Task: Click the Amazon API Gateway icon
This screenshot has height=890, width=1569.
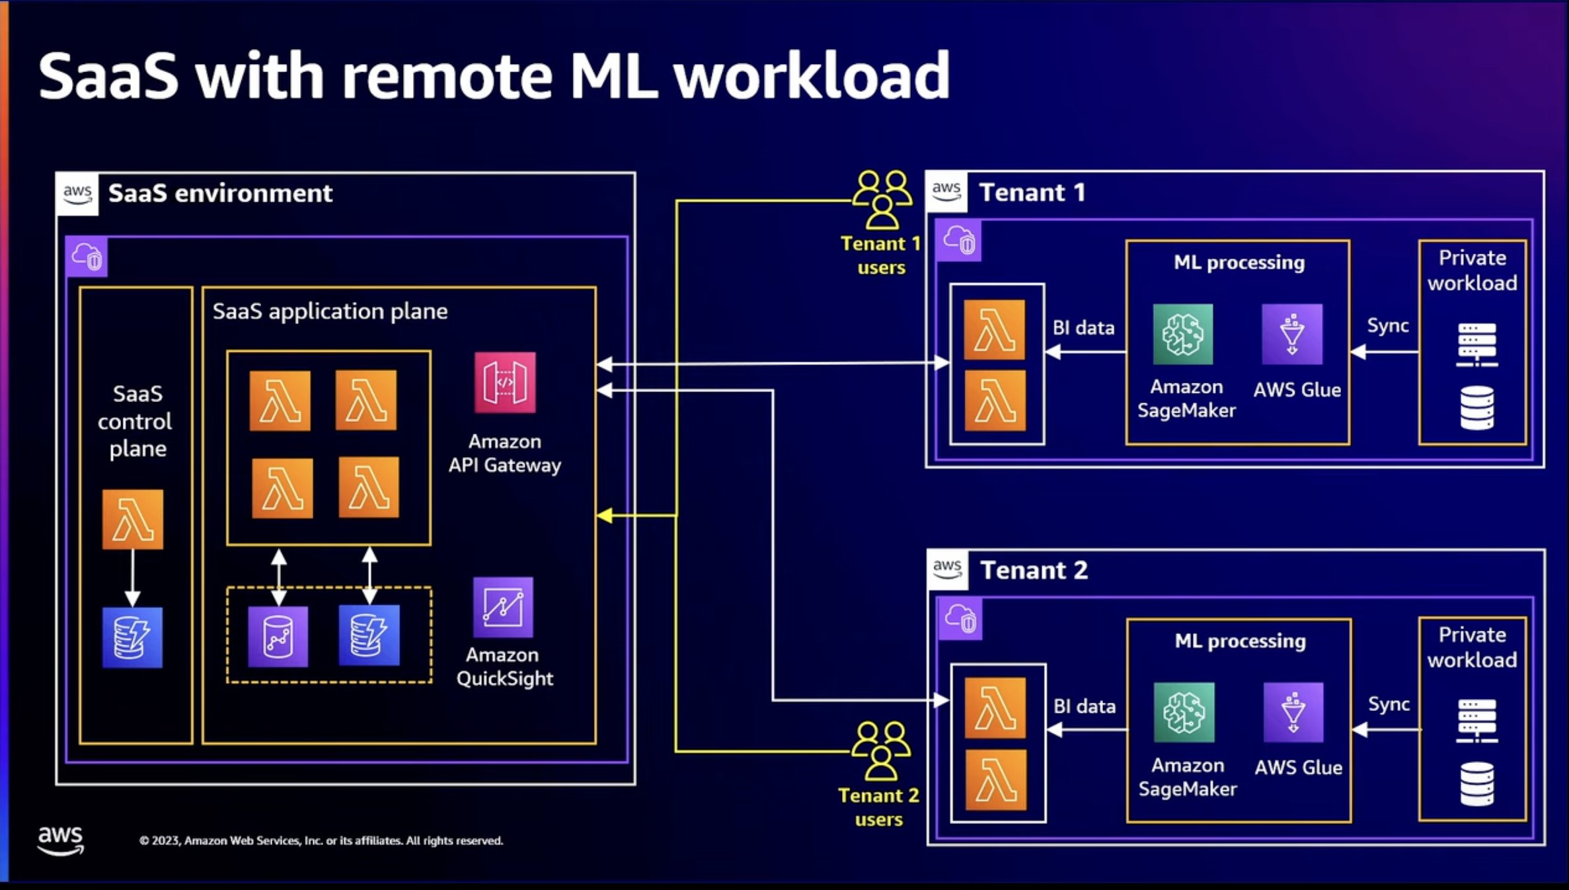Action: click(505, 382)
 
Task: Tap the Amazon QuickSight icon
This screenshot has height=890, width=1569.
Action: click(503, 607)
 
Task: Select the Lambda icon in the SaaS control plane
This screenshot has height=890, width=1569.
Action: click(133, 519)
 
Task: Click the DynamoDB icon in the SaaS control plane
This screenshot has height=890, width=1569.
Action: click(133, 637)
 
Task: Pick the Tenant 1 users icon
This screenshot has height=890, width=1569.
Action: click(882, 199)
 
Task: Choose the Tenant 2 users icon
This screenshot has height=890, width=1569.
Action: click(880, 750)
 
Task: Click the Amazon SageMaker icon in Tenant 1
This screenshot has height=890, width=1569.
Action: click(1183, 334)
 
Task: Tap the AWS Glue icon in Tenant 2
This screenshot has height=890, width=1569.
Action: click(1293, 712)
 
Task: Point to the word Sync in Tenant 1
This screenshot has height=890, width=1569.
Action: click(1387, 325)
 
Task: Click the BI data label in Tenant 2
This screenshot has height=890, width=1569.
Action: click(1084, 706)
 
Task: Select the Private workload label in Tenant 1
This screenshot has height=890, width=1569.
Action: click(1472, 270)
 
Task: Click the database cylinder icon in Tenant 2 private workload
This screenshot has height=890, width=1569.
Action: click(1476, 784)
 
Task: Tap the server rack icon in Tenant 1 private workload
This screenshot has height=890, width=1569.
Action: click(1476, 344)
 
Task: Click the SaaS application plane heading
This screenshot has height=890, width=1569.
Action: click(330, 311)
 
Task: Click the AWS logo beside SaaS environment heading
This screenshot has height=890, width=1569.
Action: click(77, 194)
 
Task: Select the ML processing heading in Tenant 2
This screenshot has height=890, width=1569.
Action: click(1240, 641)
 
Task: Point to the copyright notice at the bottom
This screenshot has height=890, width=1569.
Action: click(321, 840)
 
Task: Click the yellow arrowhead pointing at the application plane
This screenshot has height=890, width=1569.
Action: click(605, 515)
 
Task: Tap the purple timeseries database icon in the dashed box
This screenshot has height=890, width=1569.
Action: click(278, 636)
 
